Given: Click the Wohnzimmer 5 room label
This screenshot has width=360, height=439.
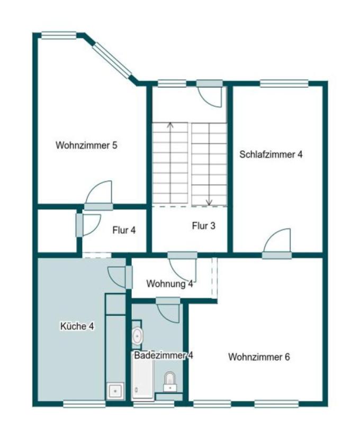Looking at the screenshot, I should pyautogui.click(x=86, y=145).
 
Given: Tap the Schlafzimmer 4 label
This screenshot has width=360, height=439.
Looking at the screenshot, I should pyautogui.click(x=271, y=155).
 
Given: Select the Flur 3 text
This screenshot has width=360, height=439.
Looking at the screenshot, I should pyautogui.click(x=203, y=226).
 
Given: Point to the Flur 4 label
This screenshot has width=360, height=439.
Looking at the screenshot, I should pyautogui.click(x=124, y=230).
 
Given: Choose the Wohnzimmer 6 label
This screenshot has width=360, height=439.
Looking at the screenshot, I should pyautogui.click(x=259, y=357).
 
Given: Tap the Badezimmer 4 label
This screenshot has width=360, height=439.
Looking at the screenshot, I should pyautogui.click(x=163, y=355).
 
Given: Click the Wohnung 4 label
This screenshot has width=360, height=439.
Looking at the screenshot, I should pyautogui.click(x=169, y=283).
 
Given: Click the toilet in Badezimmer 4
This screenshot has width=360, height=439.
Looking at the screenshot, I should pyautogui.click(x=170, y=380).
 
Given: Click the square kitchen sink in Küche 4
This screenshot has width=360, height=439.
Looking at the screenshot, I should pyautogui.click(x=115, y=391).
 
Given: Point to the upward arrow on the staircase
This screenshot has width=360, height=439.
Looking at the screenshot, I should pyautogui.click(x=170, y=126).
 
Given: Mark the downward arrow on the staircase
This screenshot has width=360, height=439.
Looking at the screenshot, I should pyautogui.click(x=209, y=202).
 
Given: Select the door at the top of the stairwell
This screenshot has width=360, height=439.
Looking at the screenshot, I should pyautogui.click(x=211, y=94).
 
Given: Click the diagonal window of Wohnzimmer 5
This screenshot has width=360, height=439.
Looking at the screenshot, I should pyautogui.click(x=112, y=61).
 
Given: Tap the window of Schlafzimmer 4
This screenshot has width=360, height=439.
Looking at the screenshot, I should pyautogui.click(x=284, y=83).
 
